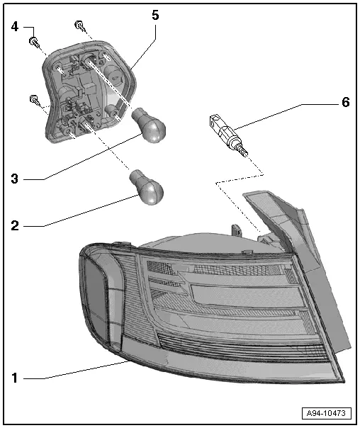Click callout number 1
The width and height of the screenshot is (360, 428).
[x=15, y=378]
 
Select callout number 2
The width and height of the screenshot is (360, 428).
[x=15, y=226]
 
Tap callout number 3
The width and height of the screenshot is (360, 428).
[x=15, y=179]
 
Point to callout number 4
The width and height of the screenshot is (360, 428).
[x=15, y=27]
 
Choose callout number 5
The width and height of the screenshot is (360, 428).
[x=155, y=15]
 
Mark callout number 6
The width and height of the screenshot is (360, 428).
[x=346, y=102]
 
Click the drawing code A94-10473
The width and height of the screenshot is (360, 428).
[x=327, y=413]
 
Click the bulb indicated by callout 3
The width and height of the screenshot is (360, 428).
[x=150, y=126]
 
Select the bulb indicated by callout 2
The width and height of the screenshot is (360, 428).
[x=147, y=187]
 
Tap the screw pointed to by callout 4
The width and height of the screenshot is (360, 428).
[x=35, y=43]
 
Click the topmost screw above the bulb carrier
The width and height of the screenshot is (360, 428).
[x=80, y=26]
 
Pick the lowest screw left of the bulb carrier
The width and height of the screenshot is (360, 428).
[x=35, y=100]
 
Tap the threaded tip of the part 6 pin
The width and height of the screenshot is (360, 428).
[x=243, y=151]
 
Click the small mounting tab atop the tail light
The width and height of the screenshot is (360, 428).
[x=236, y=230]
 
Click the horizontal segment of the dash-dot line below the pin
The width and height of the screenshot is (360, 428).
[x=240, y=179]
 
